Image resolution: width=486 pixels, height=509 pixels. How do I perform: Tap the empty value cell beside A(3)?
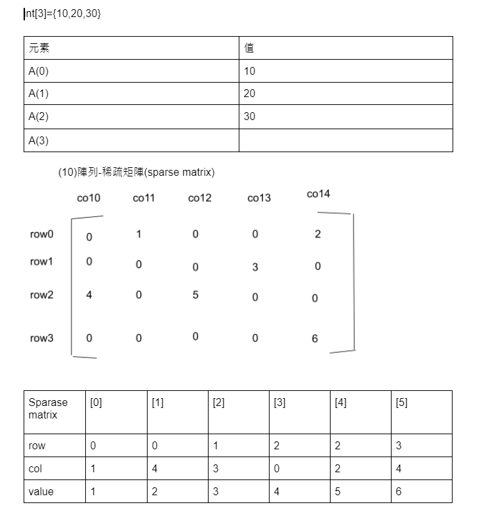pyautogui.click(x=346, y=140)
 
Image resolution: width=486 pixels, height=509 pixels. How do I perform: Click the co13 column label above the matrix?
pyautogui.click(x=259, y=198)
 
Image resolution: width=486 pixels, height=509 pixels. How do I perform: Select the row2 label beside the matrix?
pyautogui.click(x=42, y=295)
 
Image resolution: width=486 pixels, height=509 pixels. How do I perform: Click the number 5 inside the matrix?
pyautogui.click(x=195, y=295)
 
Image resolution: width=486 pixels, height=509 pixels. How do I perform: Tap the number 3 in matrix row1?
pyautogui.click(x=255, y=267)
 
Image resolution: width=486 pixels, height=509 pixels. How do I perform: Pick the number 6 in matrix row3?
pyautogui.click(x=315, y=338)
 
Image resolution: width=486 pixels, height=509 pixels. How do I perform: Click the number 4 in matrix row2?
pyautogui.click(x=89, y=295)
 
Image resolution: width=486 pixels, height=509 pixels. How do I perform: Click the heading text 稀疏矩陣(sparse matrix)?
pyautogui.click(x=136, y=173)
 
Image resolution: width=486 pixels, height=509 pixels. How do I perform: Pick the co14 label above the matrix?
pyautogui.click(x=318, y=194)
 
